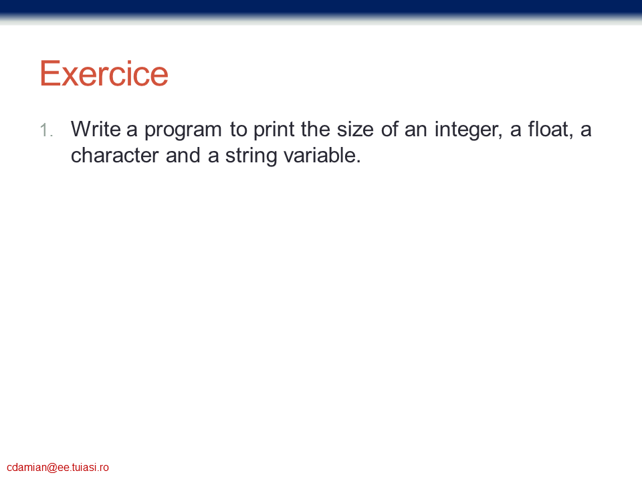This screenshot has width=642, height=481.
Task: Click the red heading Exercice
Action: (x=104, y=73)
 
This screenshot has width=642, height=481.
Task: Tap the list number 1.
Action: (x=46, y=130)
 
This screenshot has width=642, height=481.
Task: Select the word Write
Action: (x=96, y=129)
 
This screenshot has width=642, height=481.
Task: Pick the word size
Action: (x=355, y=129)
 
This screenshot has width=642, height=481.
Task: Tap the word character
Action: (x=114, y=156)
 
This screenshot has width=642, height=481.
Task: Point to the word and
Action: (x=183, y=156)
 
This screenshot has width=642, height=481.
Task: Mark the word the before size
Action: (x=315, y=129)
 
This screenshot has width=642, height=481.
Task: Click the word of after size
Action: (x=389, y=129)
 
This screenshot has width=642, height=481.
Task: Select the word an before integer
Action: (x=415, y=132)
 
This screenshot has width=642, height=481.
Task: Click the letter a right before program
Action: (x=132, y=132)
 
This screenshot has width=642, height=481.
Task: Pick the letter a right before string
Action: (x=213, y=158)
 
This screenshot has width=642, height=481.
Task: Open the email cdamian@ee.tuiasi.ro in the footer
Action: (x=58, y=468)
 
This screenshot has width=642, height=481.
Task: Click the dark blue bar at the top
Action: (x=321, y=9)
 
